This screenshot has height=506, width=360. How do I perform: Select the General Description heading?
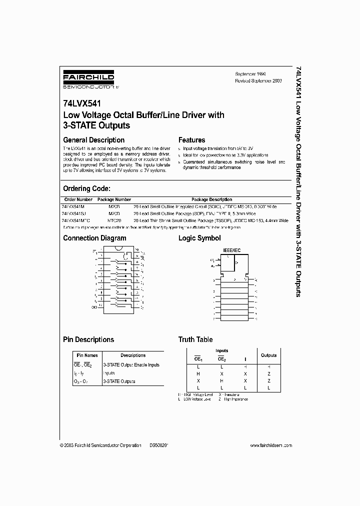[93, 140]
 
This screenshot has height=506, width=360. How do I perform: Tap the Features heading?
[191, 140]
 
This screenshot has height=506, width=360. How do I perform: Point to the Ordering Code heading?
[86, 188]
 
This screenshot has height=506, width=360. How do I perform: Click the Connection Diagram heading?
[94, 238]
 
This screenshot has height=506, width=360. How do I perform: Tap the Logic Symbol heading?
[199, 238]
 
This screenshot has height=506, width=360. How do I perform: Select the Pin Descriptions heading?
[88, 339]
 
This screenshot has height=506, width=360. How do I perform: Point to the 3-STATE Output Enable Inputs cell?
[131, 365]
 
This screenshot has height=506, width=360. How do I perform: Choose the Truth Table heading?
[195, 339]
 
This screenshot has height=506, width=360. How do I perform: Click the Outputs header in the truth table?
[268, 355]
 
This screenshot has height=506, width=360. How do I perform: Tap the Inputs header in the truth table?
[221, 351]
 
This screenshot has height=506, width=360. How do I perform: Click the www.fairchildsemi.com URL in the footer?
[269, 445]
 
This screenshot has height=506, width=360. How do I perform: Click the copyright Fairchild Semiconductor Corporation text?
[100, 445]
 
